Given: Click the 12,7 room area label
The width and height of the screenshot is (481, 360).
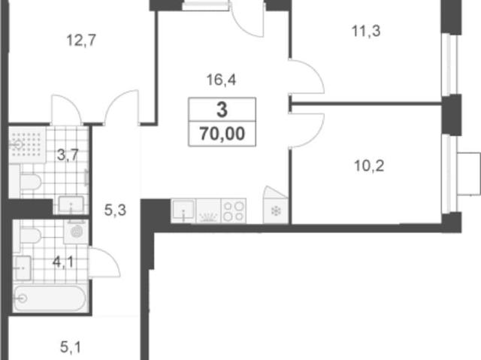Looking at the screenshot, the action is (81, 41).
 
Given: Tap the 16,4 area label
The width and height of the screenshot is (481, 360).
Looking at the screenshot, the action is (221, 80).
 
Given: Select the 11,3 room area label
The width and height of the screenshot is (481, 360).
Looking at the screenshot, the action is (366, 32).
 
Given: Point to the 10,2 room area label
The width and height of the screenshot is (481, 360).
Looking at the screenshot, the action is (369, 166).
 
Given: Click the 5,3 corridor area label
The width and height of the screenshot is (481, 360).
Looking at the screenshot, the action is (115, 210).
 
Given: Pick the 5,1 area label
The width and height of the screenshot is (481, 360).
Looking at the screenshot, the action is (71, 347).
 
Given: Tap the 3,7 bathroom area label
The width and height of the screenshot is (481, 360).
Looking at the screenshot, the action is (68, 155).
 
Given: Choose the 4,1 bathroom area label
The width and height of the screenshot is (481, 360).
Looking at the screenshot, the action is (63, 262).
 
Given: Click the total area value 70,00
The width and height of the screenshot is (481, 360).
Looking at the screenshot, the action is (222, 134).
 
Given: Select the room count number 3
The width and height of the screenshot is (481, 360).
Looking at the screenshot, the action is (222, 110).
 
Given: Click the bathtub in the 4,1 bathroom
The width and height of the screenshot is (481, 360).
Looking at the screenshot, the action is (50, 298).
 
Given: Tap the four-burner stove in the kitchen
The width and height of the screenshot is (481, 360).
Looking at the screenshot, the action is (234, 211).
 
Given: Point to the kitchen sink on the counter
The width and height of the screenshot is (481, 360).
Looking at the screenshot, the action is (183, 210).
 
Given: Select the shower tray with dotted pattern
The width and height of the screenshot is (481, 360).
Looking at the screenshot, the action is (27, 145).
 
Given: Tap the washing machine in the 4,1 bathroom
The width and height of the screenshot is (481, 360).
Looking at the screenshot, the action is (77, 231).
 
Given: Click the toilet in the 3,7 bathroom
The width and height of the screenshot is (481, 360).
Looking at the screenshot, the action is (30, 182).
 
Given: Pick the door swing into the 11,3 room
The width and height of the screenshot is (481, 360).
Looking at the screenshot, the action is (307, 76).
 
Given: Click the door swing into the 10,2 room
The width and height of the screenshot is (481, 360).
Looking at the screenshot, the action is (307, 131).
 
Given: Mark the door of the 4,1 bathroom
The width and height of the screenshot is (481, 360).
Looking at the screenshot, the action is (104, 262).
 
